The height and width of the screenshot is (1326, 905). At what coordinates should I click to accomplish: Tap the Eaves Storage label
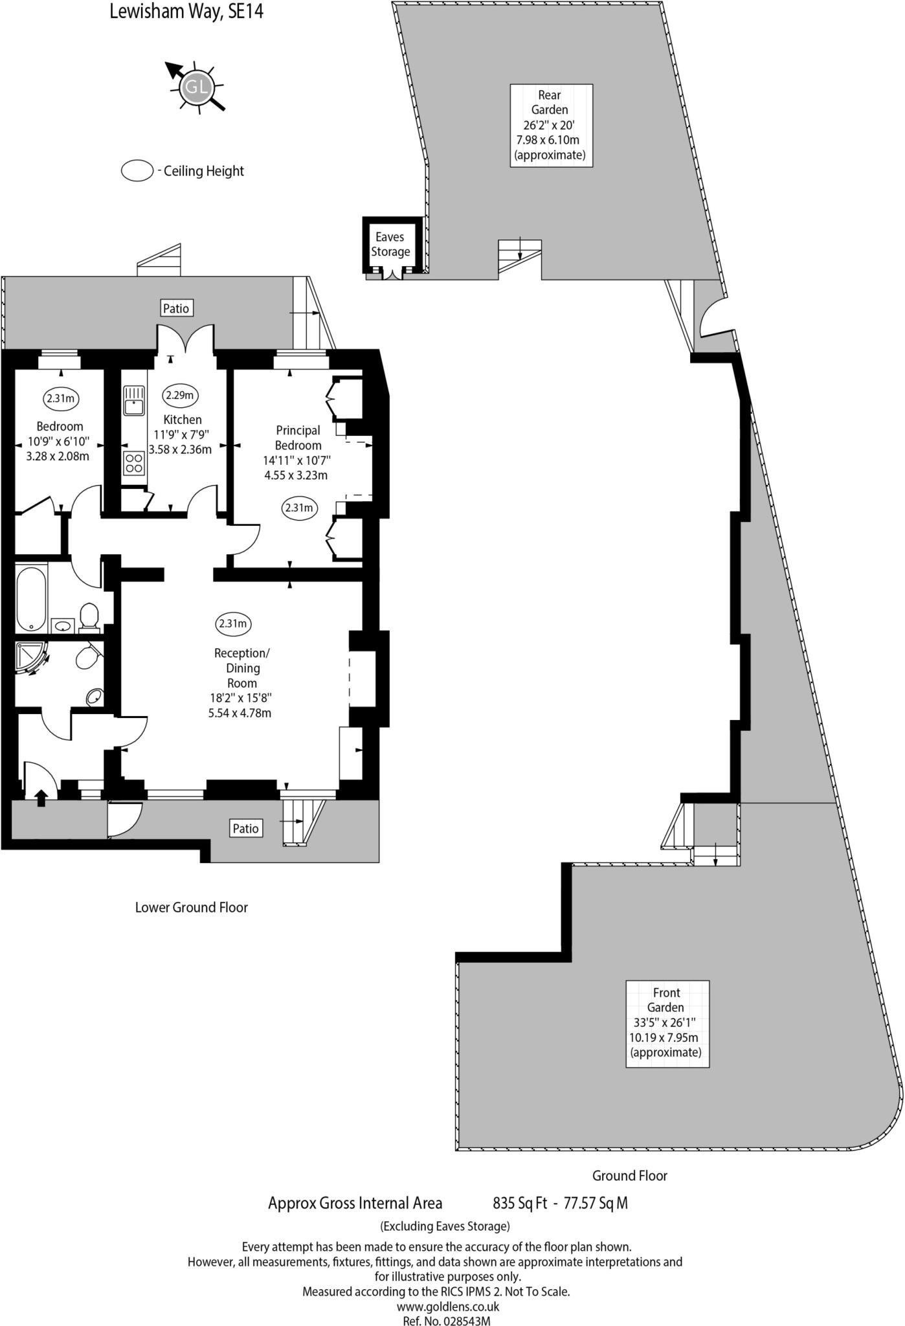point(390,245)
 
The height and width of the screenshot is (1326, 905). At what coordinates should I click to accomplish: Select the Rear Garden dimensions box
point(551,125)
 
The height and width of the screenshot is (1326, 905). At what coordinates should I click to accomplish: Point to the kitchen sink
point(134,400)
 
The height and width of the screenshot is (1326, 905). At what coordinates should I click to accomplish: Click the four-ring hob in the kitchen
point(134,463)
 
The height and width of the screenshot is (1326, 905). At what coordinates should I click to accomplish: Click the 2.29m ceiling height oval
point(179,395)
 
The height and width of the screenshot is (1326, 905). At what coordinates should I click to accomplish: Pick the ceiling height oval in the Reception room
point(233,624)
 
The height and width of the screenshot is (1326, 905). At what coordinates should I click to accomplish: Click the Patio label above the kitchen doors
point(176,308)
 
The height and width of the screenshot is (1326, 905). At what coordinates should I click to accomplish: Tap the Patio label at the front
point(245,828)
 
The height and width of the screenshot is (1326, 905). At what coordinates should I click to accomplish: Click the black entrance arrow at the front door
point(41,798)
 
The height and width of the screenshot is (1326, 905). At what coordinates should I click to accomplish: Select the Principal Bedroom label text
point(298,438)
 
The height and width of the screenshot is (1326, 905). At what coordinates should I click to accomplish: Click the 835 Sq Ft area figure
point(520,1203)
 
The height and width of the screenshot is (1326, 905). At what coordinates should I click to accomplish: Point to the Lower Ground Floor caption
point(192,907)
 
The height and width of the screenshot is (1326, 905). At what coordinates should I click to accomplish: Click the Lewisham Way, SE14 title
point(186,12)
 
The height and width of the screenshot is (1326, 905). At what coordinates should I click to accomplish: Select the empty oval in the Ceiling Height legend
point(137,171)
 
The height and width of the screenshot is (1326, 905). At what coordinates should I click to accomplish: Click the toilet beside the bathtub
point(89,616)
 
